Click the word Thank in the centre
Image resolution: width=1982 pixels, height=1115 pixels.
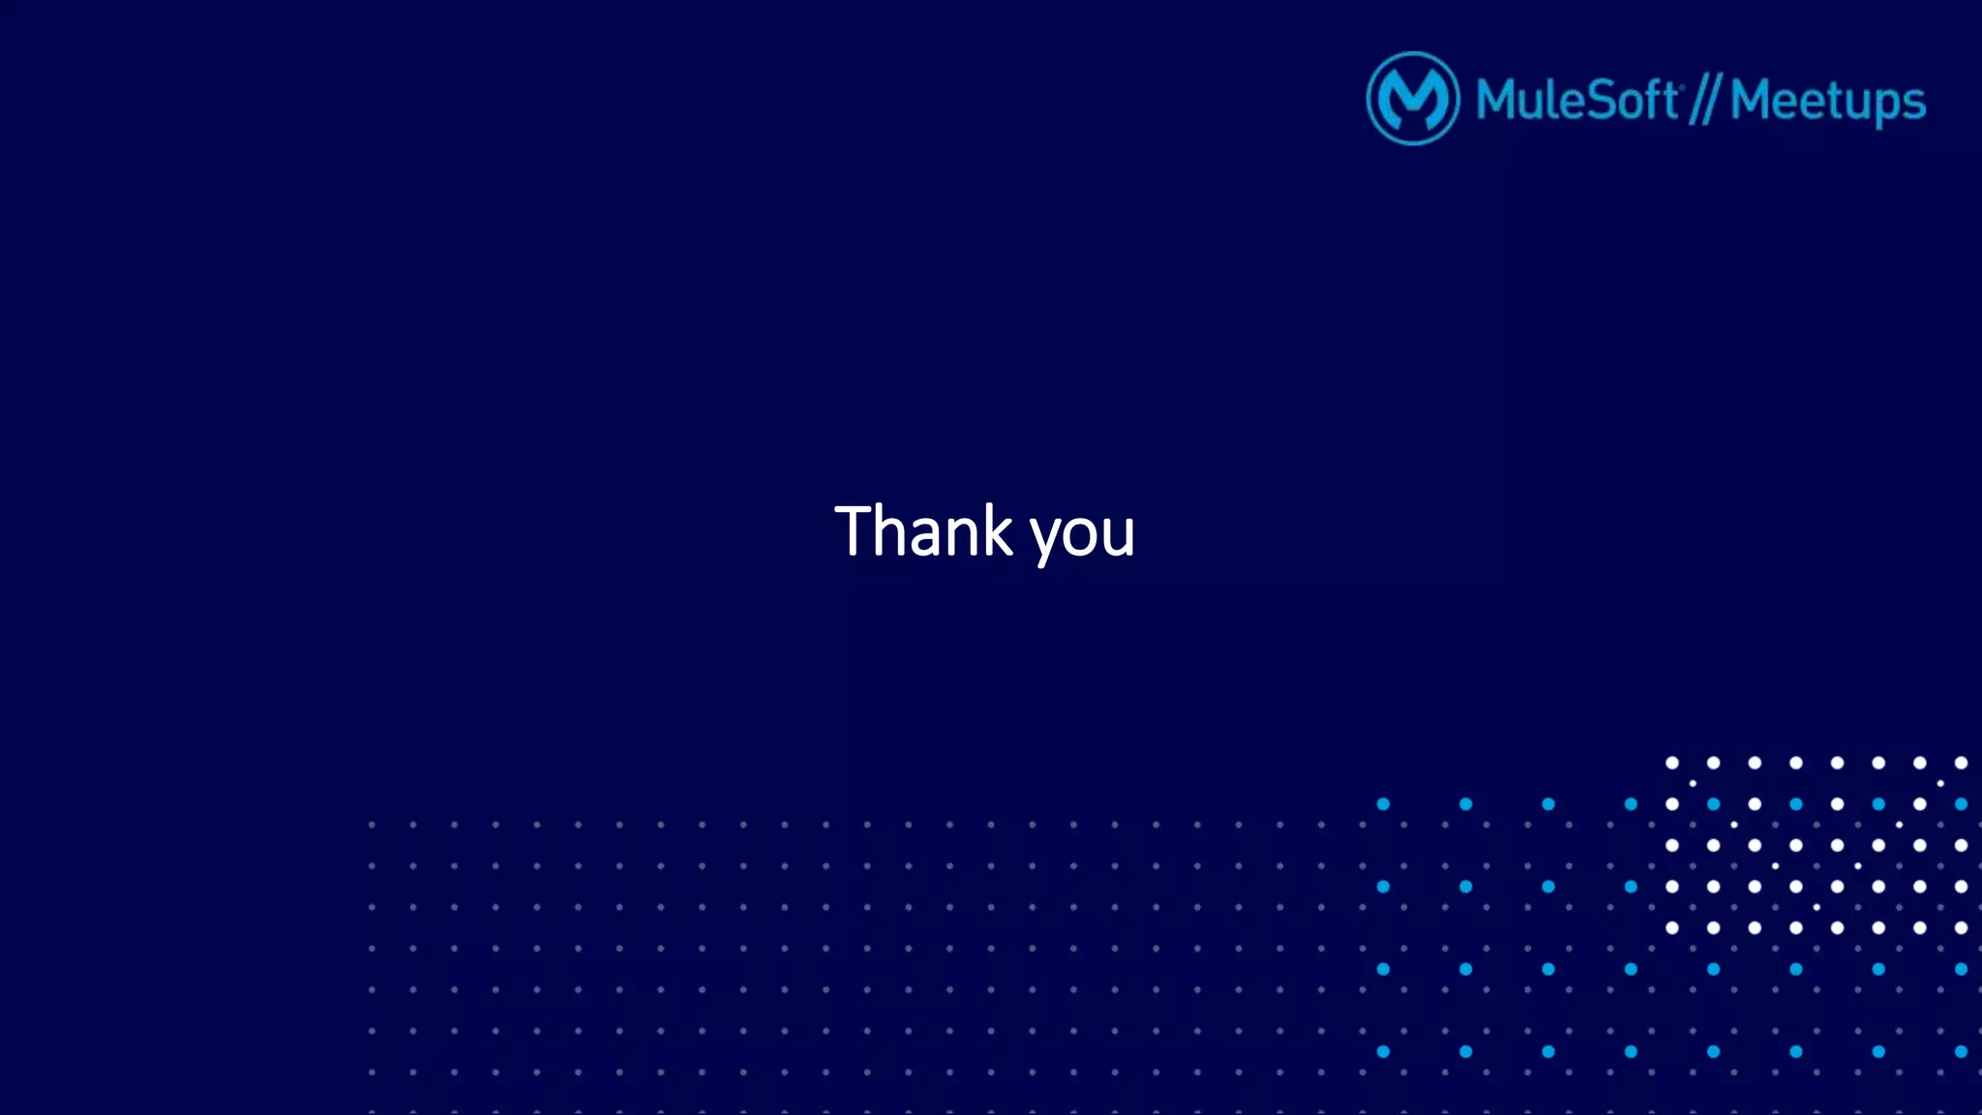click(923, 531)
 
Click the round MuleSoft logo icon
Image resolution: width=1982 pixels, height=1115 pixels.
click(1413, 99)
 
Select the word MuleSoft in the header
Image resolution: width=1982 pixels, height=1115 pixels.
click(1577, 100)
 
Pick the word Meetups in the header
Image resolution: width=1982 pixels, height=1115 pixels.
click(1827, 101)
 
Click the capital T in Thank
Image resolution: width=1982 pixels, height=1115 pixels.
click(854, 531)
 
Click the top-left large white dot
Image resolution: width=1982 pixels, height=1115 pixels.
click(1671, 763)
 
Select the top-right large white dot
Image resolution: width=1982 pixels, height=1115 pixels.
click(1961, 763)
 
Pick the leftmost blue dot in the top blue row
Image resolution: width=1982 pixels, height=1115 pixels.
click(1383, 804)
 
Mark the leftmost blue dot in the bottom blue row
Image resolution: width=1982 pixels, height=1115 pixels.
click(1383, 1051)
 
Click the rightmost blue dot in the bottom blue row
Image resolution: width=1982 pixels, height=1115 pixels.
click(1961, 1051)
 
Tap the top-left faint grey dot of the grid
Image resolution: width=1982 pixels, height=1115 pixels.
click(372, 825)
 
